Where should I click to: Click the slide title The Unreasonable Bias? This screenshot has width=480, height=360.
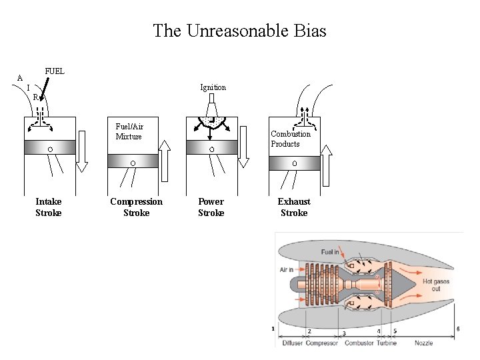pos(239,31)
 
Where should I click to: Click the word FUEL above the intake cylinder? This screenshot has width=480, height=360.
pos(55,71)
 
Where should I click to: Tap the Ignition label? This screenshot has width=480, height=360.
pos(213,87)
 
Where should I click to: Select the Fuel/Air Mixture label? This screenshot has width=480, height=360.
pos(129,131)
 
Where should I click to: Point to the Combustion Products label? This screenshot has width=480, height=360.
pos(290,139)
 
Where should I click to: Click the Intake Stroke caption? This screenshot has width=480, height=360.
pos(48,207)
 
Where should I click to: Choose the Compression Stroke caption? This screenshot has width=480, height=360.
pos(136,207)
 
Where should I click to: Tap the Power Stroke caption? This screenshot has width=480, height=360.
pos(211,207)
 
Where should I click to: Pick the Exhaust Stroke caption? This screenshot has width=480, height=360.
pos(293,207)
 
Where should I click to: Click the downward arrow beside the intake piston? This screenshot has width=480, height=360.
pos(82,151)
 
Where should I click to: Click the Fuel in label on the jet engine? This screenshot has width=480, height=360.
pos(330,252)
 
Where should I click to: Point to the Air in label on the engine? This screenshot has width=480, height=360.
pos(287,270)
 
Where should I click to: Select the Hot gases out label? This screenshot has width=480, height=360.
pos(436,285)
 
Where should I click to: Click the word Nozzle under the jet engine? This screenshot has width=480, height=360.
pos(423,343)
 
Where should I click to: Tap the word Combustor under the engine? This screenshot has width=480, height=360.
pos(359,343)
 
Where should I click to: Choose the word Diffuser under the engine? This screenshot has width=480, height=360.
pos(293,343)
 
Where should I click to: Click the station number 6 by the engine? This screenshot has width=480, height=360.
pos(458,329)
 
